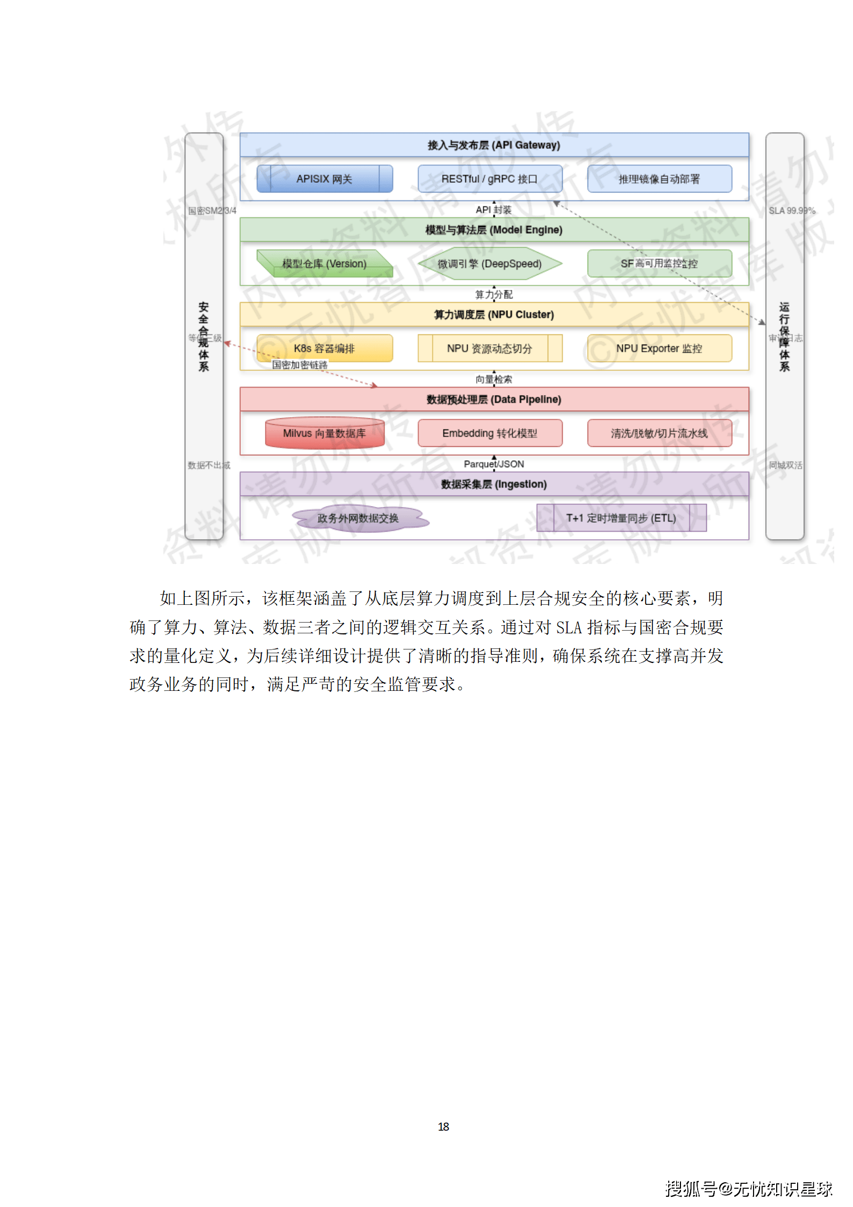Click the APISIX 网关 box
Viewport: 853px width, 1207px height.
(x=325, y=179)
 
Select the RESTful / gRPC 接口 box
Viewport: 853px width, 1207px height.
(x=490, y=179)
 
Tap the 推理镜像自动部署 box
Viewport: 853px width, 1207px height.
(x=660, y=179)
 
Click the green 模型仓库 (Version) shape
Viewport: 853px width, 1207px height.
(x=325, y=263)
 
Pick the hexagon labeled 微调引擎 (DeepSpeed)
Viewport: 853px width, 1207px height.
(x=490, y=263)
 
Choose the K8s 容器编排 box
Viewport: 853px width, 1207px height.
(x=325, y=348)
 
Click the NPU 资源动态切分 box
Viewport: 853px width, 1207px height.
(x=490, y=348)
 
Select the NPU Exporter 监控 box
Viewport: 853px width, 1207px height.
(x=660, y=348)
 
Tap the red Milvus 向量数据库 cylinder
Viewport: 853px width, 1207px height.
(x=325, y=433)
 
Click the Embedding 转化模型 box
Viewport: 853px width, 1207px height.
(x=490, y=433)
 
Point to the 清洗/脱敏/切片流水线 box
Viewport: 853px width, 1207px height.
(x=660, y=433)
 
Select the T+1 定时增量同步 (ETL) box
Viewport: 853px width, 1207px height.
(x=621, y=518)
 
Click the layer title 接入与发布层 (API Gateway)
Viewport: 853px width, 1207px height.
(x=494, y=145)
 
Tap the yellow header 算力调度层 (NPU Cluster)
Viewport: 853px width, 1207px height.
(x=494, y=315)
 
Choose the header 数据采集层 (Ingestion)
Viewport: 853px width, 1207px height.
(x=494, y=484)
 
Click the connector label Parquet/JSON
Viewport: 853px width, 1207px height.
(x=494, y=464)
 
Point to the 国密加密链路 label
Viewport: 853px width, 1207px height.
(x=300, y=365)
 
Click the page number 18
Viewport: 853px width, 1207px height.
(x=443, y=1126)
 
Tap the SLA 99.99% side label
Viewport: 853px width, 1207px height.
(x=792, y=211)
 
